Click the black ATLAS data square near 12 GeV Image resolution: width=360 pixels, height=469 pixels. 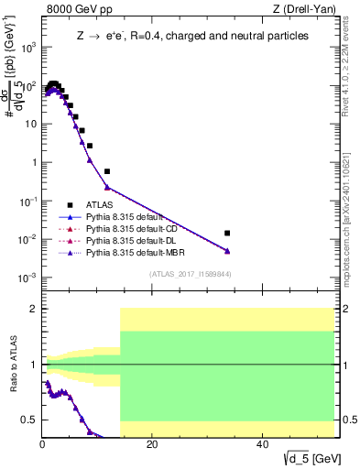coord(107,171)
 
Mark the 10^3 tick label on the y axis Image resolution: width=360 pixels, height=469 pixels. coord(27,47)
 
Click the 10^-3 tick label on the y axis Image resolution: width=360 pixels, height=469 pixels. coord(27,278)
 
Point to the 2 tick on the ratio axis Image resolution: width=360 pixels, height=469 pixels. coord(33,309)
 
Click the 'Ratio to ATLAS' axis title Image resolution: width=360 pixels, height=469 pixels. coord(12,365)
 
